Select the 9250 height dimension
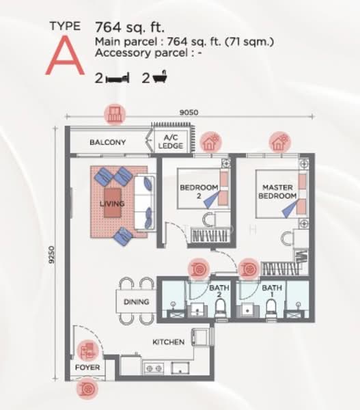(x=52, y=256)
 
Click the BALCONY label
(x=108, y=143)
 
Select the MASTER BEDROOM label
(x=277, y=191)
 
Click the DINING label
(x=136, y=301)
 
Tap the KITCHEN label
(x=168, y=342)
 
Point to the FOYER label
(x=87, y=368)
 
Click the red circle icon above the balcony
(x=113, y=114)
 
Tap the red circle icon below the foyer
(x=87, y=389)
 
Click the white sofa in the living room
(x=144, y=202)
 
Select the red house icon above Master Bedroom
(x=279, y=142)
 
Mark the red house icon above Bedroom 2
(x=209, y=142)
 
